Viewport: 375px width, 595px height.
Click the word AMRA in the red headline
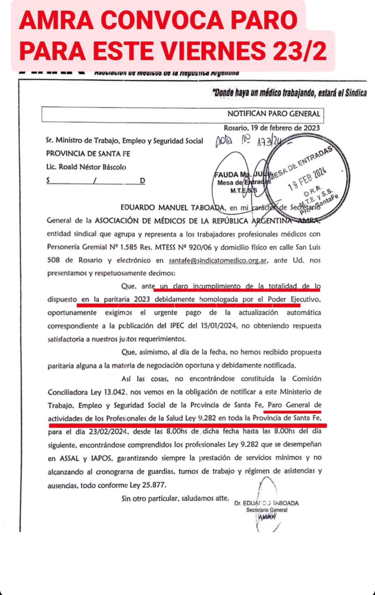pos(56,21)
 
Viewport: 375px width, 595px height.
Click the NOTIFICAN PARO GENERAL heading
pos(274,114)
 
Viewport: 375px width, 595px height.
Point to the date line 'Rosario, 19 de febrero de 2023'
pos(272,128)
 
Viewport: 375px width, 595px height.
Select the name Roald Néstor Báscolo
pos(92,167)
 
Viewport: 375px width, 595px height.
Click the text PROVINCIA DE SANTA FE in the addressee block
pos(88,154)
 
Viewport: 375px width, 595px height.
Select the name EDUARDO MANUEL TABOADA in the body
pos(173,207)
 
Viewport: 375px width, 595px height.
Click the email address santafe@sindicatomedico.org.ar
pos(218,260)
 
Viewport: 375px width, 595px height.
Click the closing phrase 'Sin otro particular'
pos(150,498)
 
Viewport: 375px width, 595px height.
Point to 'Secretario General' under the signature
pos(267,510)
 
